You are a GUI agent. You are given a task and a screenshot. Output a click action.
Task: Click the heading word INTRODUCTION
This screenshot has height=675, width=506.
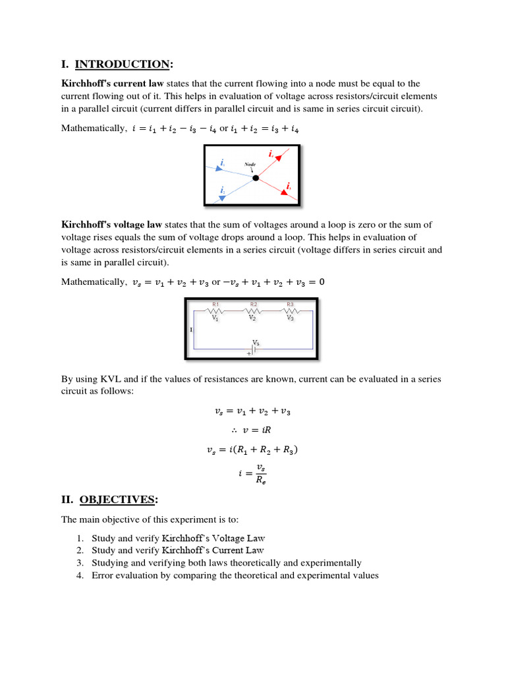(x=122, y=64)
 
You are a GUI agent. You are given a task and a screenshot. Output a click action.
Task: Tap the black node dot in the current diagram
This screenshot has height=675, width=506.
(x=256, y=177)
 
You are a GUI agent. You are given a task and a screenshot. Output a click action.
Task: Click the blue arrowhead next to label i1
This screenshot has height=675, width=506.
(x=219, y=168)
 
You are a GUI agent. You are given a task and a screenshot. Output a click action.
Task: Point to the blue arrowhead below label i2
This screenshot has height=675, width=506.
(x=222, y=197)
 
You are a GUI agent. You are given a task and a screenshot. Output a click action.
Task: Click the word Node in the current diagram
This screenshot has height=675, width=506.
(x=250, y=163)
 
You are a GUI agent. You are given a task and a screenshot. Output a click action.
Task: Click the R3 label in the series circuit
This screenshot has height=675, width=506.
(x=290, y=304)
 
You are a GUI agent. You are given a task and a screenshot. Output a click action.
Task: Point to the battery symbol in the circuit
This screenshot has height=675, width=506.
(x=253, y=349)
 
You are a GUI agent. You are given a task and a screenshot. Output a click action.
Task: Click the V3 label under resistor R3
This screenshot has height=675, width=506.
(x=290, y=318)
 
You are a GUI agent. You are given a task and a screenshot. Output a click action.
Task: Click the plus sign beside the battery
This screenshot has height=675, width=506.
(x=248, y=354)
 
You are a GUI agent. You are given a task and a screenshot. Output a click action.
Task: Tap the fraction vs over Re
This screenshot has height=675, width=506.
(x=260, y=473)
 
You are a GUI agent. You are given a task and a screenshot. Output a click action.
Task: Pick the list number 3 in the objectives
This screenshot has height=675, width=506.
(x=79, y=563)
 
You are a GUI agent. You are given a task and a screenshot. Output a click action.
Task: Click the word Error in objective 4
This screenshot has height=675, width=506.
(x=103, y=575)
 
